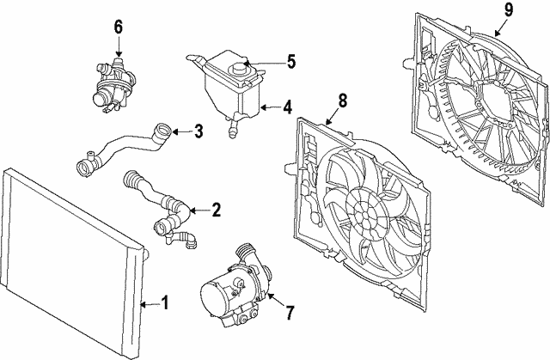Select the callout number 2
pyautogui.click(x=216, y=210)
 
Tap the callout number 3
pyautogui.click(x=199, y=131)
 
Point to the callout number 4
pyautogui.click(x=288, y=108)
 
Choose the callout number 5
pyautogui.click(x=290, y=62)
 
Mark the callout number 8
pyautogui.click(x=342, y=101)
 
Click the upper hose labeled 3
pyautogui.click(x=125, y=145)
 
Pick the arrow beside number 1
pyautogui.click(x=146, y=303)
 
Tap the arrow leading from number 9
pyautogui.click(x=498, y=26)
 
